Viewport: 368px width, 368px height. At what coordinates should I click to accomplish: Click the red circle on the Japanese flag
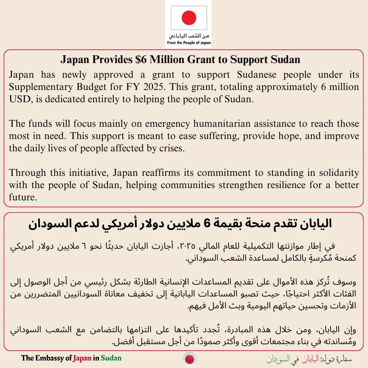(189, 17)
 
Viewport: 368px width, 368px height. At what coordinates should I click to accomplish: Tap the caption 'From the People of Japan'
(189, 43)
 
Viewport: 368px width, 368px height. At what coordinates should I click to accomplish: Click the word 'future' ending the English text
(22, 198)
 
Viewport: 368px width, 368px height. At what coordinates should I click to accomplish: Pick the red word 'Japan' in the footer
(82, 358)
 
